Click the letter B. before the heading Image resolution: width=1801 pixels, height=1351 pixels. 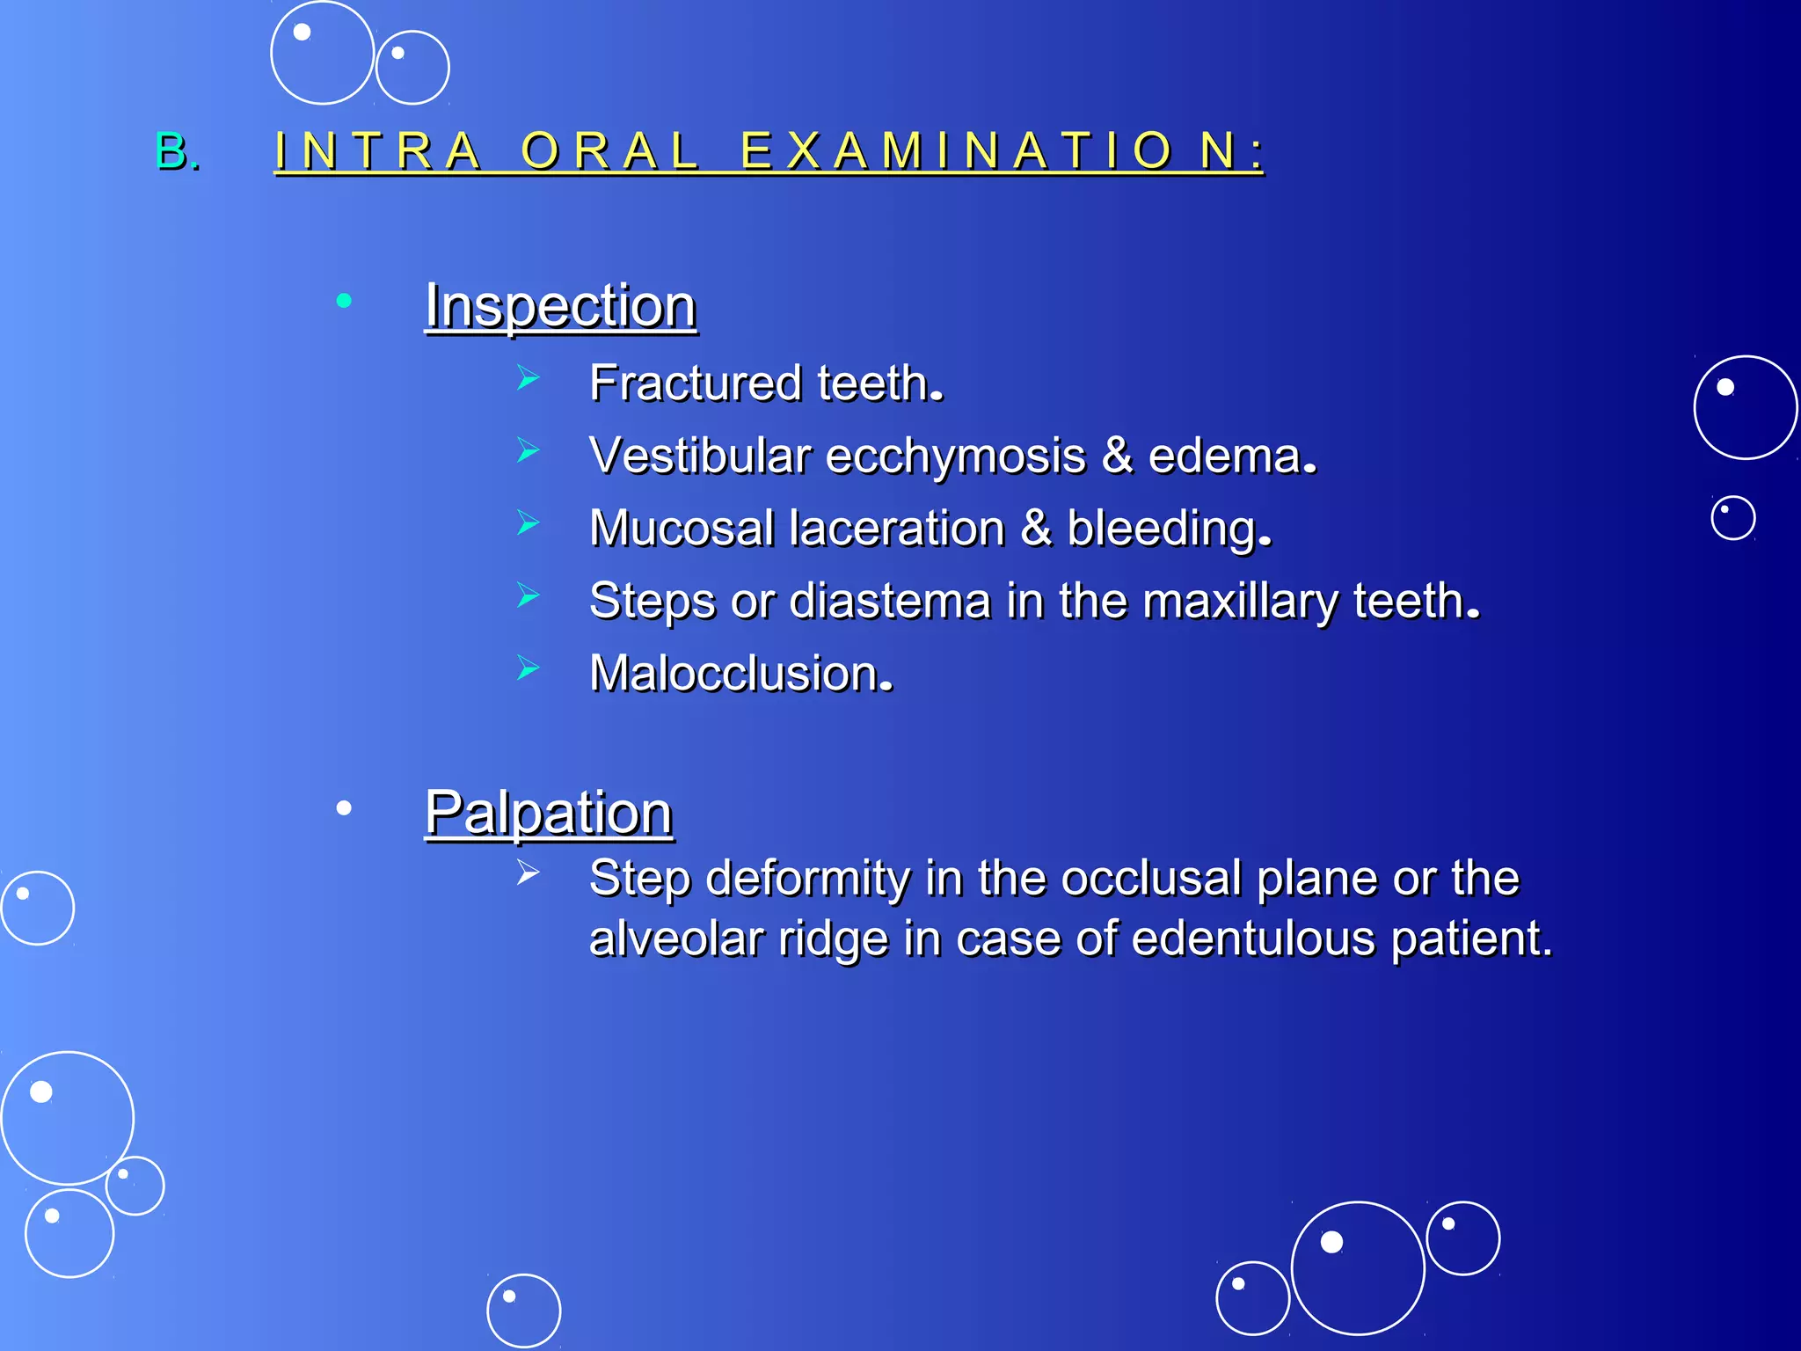(177, 151)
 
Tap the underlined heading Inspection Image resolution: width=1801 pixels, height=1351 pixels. (561, 306)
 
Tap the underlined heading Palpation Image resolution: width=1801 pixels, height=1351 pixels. (549, 813)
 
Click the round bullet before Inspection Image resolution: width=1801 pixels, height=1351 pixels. (344, 302)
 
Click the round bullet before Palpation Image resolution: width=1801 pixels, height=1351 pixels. (344, 807)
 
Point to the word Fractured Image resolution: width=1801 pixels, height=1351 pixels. (696, 383)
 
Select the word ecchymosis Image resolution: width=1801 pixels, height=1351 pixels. (956, 456)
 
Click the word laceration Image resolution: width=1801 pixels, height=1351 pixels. (897, 529)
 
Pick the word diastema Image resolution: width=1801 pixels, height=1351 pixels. (890, 602)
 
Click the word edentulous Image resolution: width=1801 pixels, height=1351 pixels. (1253, 938)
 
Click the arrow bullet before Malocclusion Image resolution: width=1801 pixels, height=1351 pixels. (529, 668)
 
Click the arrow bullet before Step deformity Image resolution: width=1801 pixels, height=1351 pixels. (529, 873)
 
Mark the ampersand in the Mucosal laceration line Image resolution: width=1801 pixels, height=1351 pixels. (1037, 529)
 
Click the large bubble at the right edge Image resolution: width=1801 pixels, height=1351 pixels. (1745, 407)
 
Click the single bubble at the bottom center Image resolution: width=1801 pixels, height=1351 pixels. (523, 1311)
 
